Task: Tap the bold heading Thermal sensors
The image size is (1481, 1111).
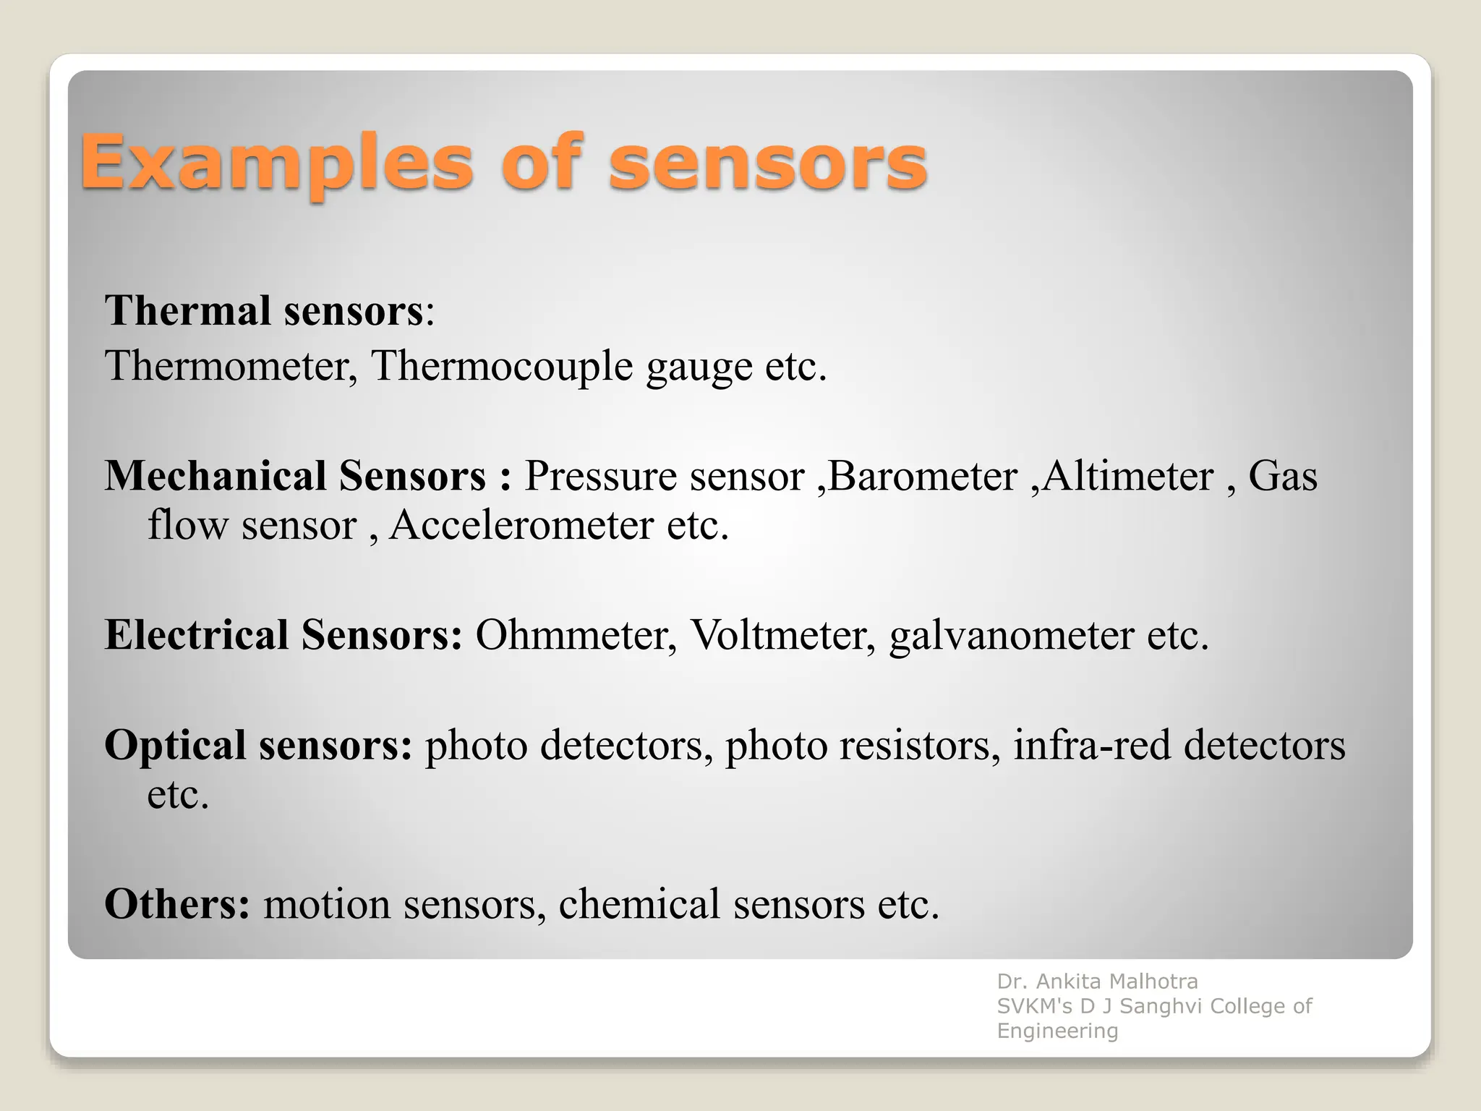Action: point(265,311)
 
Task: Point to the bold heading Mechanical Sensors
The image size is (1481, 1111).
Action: point(295,476)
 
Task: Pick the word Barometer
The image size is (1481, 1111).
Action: point(923,476)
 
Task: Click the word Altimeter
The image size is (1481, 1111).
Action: point(1127,476)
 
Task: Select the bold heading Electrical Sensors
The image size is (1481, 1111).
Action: point(283,635)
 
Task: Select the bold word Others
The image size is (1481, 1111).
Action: point(177,904)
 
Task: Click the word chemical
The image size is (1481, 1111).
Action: point(639,904)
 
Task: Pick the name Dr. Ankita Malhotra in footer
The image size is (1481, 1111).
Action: point(1097,982)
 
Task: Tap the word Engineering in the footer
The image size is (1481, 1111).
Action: point(1057,1031)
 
